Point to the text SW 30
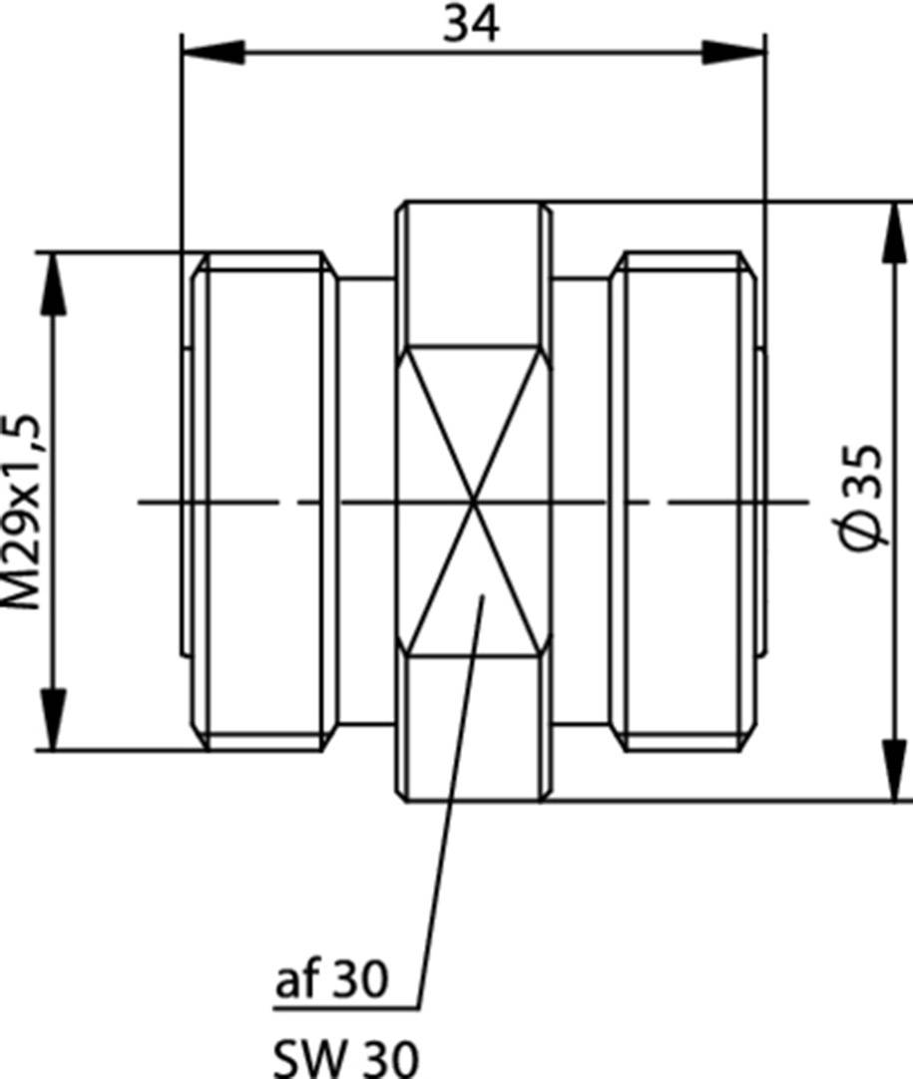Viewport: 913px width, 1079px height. point(344,1056)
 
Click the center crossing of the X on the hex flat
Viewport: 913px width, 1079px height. point(474,501)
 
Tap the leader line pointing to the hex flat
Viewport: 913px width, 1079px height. point(451,798)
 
